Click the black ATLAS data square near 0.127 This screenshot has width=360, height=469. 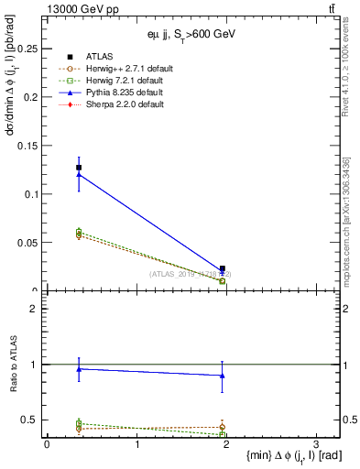click(x=79, y=168)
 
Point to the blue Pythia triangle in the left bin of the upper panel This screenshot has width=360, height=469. click(x=79, y=175)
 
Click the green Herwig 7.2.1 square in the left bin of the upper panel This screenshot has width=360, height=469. click(x=79, y=232)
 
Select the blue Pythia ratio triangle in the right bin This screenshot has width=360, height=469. click(x=223, y=376)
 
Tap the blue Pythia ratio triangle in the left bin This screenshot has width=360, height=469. click(x=79, y=368)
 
